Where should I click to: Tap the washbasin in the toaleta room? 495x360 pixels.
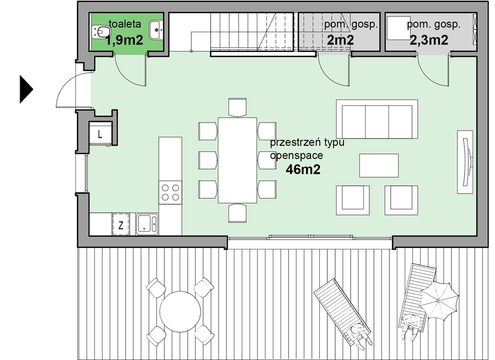coord(156,30)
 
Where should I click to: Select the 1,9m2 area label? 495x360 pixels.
coord(124,40)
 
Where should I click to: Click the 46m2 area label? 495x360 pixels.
coord(303,170)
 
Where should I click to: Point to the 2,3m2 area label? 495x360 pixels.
coord(429,40)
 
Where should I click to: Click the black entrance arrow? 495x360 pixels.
coord(26,89)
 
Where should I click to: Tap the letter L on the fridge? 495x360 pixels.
coord(100,134)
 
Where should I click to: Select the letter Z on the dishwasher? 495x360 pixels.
coord(121,225)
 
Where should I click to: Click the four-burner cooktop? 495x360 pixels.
coord(170,192)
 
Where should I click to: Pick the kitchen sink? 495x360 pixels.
coord(147,224)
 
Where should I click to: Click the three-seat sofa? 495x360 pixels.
coord(377,119)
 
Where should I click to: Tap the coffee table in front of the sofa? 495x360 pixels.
coord(379,166)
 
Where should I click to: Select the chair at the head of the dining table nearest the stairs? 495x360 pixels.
coord(237,107)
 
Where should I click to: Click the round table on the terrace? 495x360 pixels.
coord(180,312)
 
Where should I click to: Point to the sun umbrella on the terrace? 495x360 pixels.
coord(439,301)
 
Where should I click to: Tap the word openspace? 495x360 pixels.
coord(296,156)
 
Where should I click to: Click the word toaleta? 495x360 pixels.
coord(125,24)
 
